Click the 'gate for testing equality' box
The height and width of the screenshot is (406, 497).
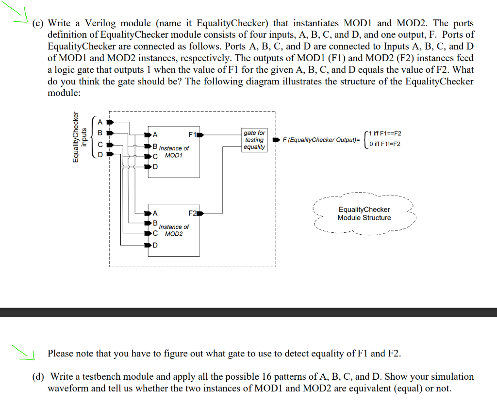pos(254,140)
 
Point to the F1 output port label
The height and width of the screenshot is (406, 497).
pos(192,134)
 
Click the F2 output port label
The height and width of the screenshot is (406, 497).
pos(192,213)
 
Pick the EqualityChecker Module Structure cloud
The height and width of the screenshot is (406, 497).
pos(364,213)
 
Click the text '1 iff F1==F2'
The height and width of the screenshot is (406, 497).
pos(385,133)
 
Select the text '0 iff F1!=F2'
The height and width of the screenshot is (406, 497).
pos(384,144)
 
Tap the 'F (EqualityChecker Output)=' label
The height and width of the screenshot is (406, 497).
pos(322,140)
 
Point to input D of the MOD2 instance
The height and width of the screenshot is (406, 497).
pos(155,245)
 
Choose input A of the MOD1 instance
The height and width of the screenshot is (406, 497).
pos(155,135)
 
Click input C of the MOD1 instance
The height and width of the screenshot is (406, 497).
pos(155,156)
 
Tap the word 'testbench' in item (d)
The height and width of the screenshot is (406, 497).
pos(116,376)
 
